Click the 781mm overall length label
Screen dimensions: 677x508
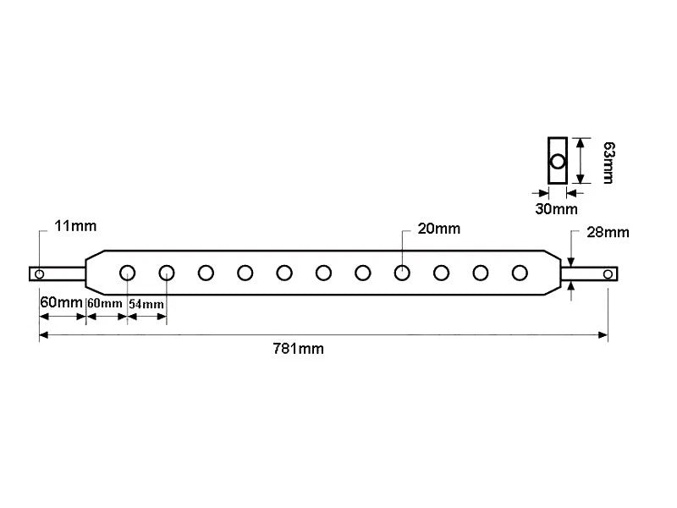click(x=299, y=348)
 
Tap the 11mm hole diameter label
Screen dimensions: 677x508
click(x=75, y=226)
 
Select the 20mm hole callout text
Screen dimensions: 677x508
click(x=439, y=229)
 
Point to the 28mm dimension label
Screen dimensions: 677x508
click(x=608, y=232)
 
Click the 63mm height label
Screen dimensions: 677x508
click(x=608, y=163)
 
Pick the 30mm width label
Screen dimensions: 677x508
click(x=556, y=209)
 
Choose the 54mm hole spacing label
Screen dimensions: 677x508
click(x=146, y=304)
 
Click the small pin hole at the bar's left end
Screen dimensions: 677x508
click(x=39, y=273)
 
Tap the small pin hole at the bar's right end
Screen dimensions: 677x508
click(x=608, y=273)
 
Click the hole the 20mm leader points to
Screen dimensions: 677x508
click(x=402, y=273)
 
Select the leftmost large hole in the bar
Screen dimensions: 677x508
click(x=128, y=273)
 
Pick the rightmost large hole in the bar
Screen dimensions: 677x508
click(x=520, y=273)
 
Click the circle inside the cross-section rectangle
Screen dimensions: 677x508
click(x=558, y=162)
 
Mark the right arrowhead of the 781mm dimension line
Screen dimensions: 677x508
click(x=603, y=334)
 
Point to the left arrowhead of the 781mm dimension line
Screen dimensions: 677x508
click(x=44, y=334)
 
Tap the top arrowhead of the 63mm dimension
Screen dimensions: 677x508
click(x=581, y=143)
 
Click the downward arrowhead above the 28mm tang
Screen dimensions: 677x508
click(x=571, y=262)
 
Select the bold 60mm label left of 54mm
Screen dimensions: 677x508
click(x=104, y=303)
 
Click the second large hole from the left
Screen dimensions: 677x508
click(x=167, y=273)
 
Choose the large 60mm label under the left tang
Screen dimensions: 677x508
click(x=61, y=302)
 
